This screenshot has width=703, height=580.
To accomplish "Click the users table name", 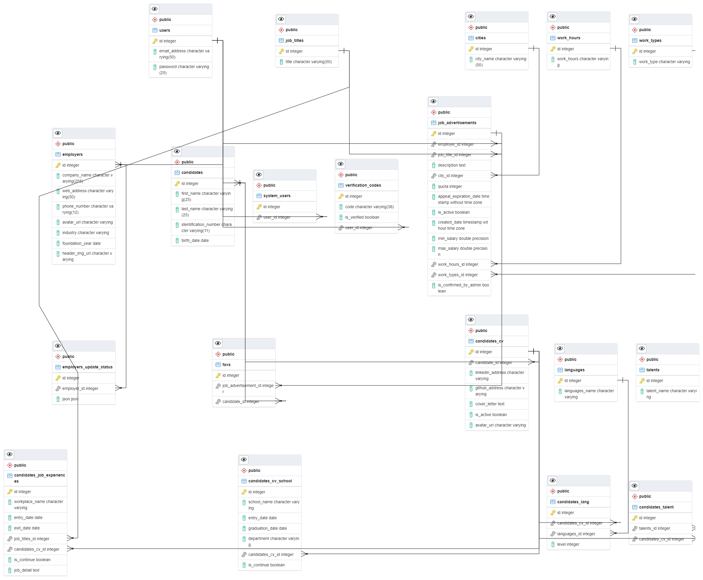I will [x=164, y=31].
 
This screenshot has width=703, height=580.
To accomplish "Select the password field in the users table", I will [x=184, y=69].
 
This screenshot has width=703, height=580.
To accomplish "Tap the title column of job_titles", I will [x=308, y=62].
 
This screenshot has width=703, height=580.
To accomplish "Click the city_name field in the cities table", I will [x=500, y=62].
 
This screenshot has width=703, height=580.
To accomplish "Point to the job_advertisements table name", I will [x=456, y=123].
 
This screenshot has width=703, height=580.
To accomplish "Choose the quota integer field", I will [x=449, y=186].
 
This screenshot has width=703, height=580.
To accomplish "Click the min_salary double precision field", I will [x=463, y=239].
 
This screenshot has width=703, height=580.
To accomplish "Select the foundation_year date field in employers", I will [x=81, y=244].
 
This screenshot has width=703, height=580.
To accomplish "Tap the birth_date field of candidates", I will [x=195, y=240].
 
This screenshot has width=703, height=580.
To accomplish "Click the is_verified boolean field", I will [x=362, y=217].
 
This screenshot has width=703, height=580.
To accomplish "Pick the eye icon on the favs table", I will [x=218, y=343].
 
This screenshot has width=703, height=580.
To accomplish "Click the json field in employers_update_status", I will [x=70, y=399].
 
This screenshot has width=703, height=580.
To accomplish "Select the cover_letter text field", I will [x=490, y=404].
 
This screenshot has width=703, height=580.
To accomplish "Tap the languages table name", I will [x=574, y=370].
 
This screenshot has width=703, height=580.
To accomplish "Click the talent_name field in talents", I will [x=671, y=394].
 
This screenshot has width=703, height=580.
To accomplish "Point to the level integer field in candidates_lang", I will [x=568, y=545].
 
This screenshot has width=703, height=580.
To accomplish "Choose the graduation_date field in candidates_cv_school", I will [x=267, y=529].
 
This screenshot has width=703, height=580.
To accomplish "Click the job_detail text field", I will [x=27, y=570].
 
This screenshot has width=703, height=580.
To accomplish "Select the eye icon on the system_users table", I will [x=259, y=175].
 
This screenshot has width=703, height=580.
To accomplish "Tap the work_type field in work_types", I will [x=664, y=62].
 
